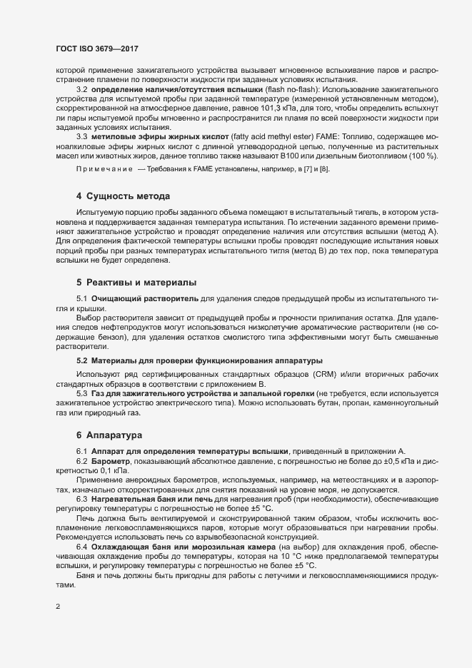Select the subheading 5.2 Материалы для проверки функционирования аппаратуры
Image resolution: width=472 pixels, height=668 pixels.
point(199,361)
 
